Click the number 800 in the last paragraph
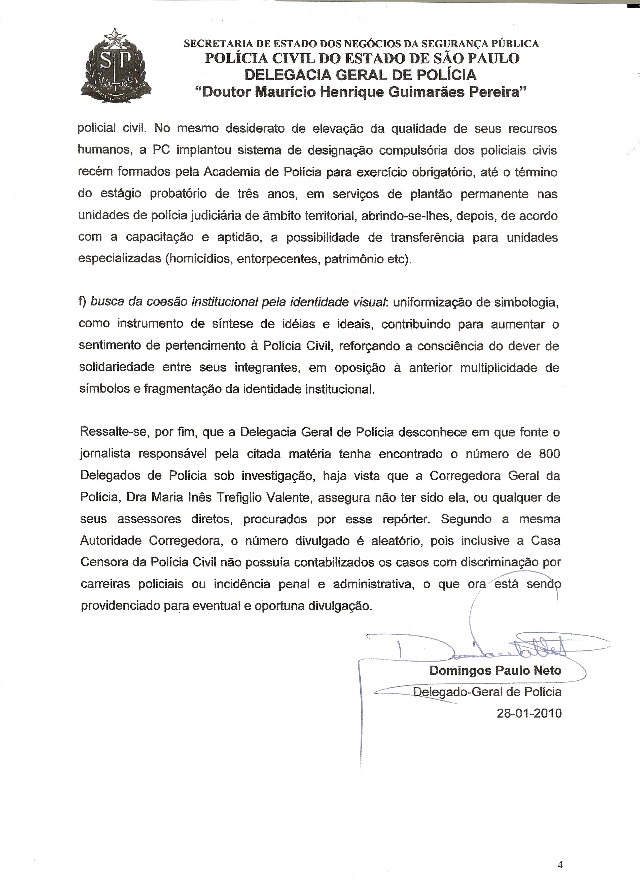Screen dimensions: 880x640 (549, 454)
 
